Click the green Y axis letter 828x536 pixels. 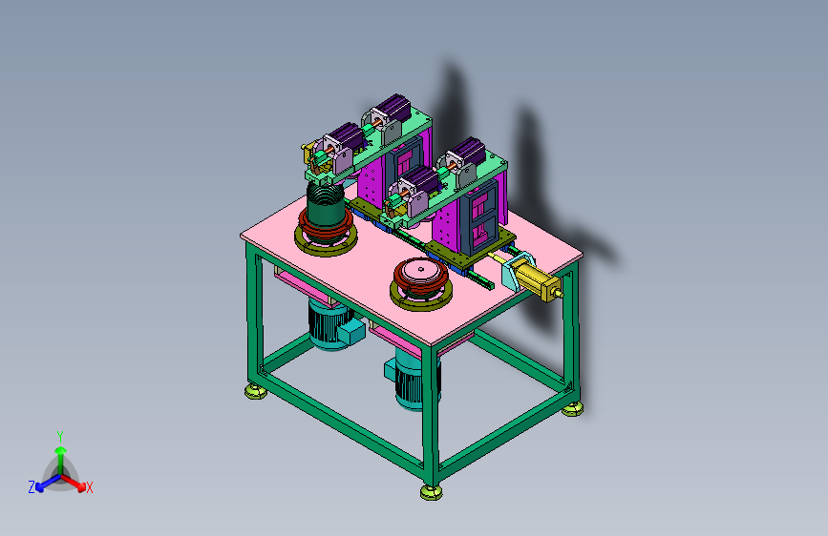pyautogui.click(x=60, y=437)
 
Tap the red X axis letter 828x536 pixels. pyautogui.click(x=89, y=487)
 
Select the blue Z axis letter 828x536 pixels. pyautogui.click(x=32, y=487)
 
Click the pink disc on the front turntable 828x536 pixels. pyautogui.click(x=421, y=271)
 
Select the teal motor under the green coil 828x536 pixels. pyautogui.click(x=332, y=324)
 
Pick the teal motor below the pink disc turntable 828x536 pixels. pyautogui.click(x=412, y=379)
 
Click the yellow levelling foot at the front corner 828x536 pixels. pyautogui.click(x=432, y=493)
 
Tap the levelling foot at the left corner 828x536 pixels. pyautogui.click(x=256, y=392)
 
